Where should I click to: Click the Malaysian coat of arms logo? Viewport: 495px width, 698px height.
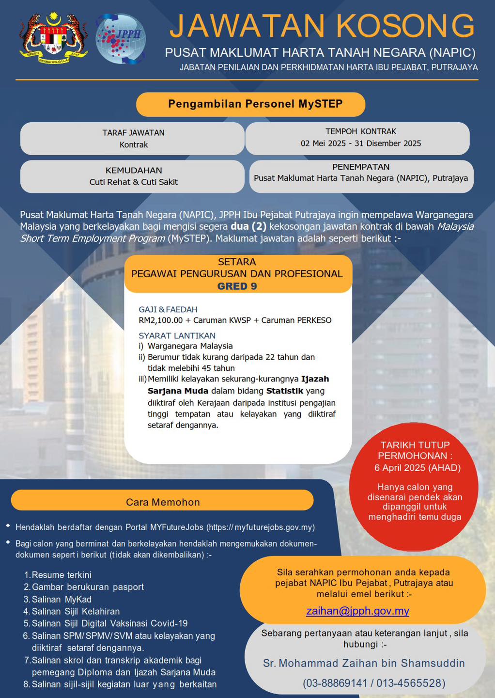point(54,38)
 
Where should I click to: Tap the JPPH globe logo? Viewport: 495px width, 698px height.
point(121,39)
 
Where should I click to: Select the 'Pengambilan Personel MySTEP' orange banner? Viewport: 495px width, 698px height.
point(250,104)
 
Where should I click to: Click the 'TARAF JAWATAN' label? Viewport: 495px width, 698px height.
point(133,132)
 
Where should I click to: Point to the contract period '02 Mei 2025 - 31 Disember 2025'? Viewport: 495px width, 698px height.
point(361,143)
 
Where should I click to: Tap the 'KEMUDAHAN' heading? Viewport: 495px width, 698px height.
point(134,170)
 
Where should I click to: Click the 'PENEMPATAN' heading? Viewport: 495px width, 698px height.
point(361,167)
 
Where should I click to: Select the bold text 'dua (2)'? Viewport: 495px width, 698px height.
point(248,226)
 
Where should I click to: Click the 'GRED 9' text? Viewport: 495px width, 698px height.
point(237,286)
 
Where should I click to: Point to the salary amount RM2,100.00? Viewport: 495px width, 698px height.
point(161,320)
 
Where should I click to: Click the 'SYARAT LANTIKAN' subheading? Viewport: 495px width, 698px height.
point(177,335)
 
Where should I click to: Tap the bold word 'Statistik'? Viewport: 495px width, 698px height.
point(285,391)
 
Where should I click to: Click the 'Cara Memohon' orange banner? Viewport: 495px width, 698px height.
point(163,502)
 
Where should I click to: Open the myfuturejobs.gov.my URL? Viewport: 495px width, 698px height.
point(261,527)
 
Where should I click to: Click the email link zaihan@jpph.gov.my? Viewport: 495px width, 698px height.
point(357,611)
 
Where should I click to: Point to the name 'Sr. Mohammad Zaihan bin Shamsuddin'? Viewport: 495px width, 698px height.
point(364,663)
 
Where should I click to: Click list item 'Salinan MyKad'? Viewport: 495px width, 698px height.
point(61,599)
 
